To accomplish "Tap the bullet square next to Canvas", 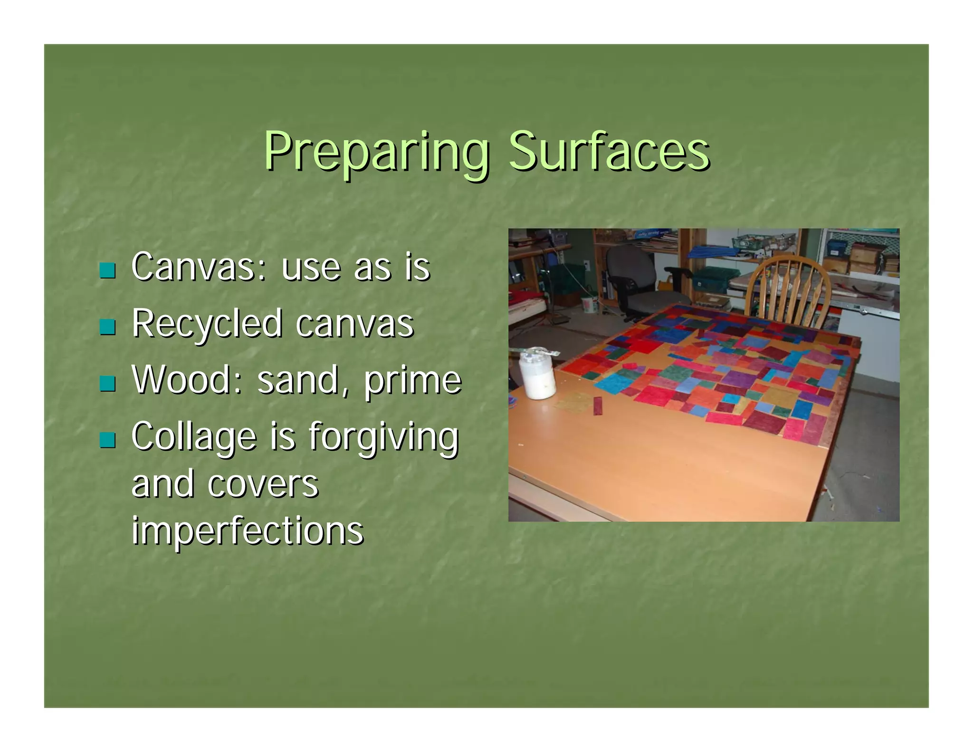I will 107,270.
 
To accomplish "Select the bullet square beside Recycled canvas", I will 107,327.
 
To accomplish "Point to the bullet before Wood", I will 107,384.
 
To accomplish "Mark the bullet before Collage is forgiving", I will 107,440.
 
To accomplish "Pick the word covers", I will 263,484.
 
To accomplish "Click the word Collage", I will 194,436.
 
